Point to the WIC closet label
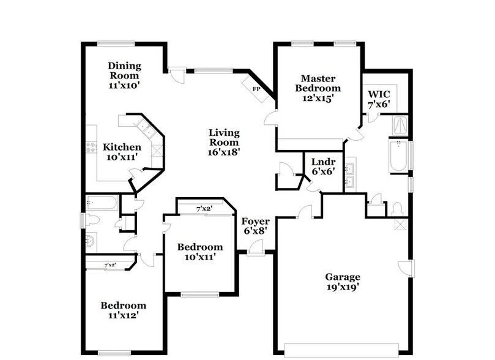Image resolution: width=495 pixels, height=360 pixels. coord(378,94)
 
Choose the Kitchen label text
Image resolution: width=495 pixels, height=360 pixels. coord(122,147)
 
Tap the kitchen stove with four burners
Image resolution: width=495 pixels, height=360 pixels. coord(91,147)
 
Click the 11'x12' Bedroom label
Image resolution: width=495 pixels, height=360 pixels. coord(124,310)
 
